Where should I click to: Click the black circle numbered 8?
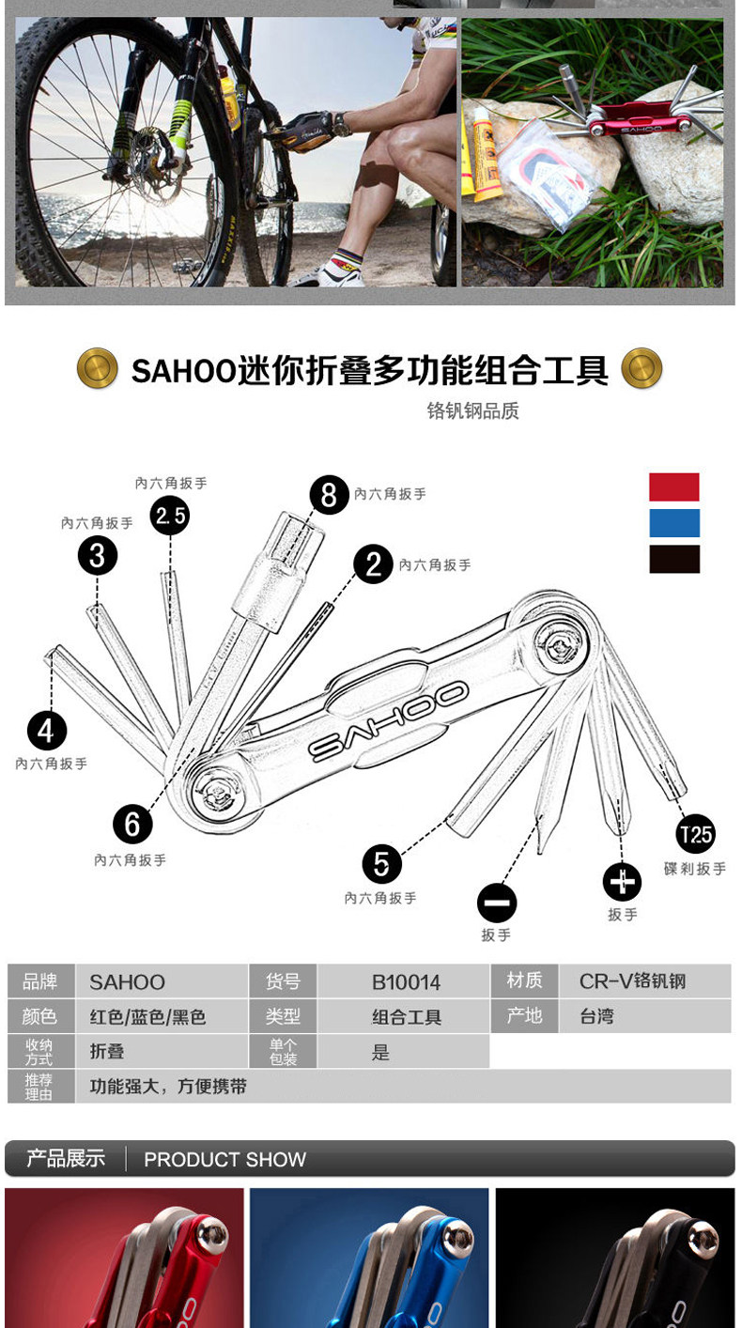click(x=329, y=494)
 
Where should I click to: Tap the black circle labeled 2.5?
click(x=170, y=515)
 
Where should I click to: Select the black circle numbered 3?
click(x=98, y=555)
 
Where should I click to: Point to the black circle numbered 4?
click(x=47, y=731)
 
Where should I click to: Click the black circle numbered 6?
click(x=132, y=824)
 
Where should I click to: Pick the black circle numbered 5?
click(x=381, y=863)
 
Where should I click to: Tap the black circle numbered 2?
click(x=374, y=564)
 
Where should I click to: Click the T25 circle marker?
click(x=696, y=834)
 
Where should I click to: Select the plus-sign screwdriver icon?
click(x=622, y=882)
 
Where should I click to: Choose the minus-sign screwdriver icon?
click(x=497, y=903)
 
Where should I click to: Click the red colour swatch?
click(x=674, y=487)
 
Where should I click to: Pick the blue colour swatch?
click(x=674, y=523)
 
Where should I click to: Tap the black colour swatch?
click(x=674, y=559)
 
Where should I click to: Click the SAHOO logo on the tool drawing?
click(x=389, y=721)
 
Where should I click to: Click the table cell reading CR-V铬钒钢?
click(x=644, y=981)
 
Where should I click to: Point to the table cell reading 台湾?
click(x=644, y=1016)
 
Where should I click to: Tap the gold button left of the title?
click(x=97, y=368)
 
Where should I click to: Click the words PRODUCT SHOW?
click(x=224, y=1160)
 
